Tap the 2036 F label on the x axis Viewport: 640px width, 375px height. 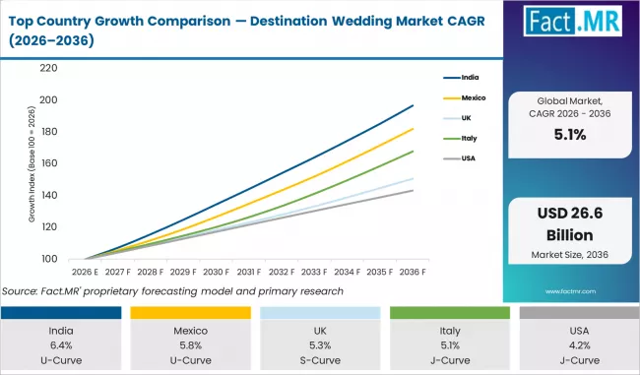point(413,272)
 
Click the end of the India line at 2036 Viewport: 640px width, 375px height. point(414,105)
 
